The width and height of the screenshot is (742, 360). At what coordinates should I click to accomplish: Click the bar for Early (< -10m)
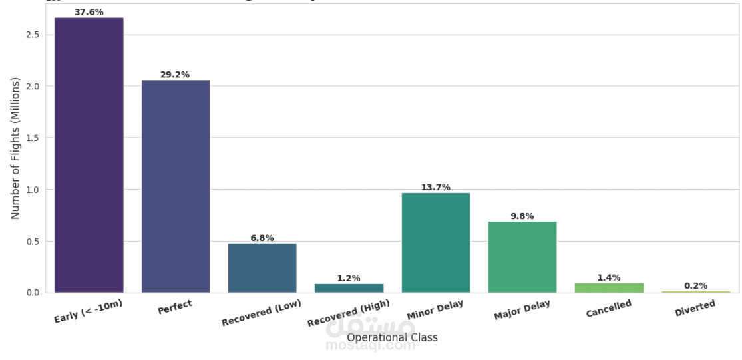point(89,155)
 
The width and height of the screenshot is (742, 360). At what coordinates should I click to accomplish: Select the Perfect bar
point(176,186)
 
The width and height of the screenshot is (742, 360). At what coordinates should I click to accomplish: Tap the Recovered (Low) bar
point(262,268)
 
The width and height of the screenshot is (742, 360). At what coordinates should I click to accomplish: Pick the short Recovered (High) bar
point(349,288)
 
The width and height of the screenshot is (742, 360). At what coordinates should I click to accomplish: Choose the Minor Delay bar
point(436,243)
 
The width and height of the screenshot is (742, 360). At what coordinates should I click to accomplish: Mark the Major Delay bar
point(522,257)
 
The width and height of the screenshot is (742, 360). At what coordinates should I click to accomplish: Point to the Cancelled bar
point(609,288)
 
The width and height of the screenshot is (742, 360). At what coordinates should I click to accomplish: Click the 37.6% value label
point(89,12)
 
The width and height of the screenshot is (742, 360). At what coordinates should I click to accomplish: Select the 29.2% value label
point(175,75)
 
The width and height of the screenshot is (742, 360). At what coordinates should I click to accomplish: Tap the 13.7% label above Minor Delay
point(436,188)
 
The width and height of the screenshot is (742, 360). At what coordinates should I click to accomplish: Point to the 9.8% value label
point(522,216)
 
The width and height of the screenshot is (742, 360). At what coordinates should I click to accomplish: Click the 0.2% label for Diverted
point(695,286)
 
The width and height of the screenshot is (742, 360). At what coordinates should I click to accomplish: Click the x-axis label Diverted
point(695,309)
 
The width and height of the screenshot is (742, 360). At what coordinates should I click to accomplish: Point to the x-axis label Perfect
point(175,307)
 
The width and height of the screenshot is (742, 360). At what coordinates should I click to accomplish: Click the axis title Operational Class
point(392,338)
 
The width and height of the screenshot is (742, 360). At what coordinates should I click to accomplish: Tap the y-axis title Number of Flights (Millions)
point(16,148)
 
